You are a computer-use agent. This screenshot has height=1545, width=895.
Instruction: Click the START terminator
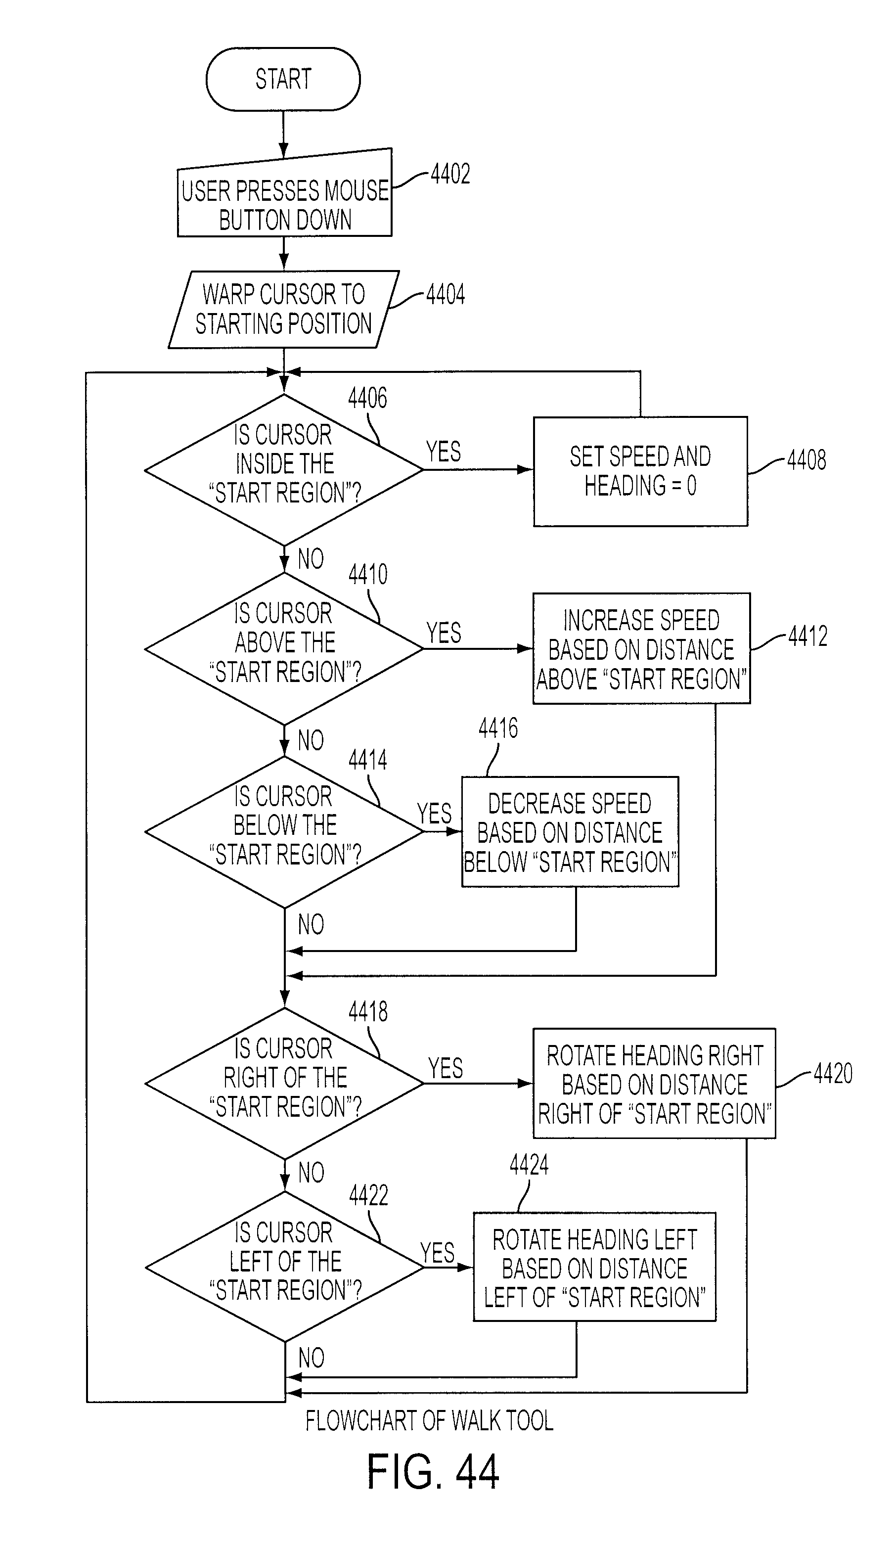283,79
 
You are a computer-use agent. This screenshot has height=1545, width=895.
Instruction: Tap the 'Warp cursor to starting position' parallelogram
284,310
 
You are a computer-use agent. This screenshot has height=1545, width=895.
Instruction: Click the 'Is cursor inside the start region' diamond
284,470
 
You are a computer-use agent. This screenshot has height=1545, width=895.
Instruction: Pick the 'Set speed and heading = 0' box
641,471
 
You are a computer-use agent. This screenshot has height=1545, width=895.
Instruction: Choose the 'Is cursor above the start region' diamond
284,649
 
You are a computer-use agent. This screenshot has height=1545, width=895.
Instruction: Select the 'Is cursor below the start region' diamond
284,832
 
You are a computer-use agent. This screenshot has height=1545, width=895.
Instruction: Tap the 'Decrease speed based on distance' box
570,832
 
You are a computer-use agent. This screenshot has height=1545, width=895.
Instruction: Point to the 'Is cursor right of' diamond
284,1084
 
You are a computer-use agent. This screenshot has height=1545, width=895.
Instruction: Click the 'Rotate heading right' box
654,1084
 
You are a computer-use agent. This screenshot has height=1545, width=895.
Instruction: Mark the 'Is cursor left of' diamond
284,1267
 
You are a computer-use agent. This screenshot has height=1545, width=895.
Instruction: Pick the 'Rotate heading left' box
595,1267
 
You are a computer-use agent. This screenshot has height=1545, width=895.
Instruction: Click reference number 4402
450,174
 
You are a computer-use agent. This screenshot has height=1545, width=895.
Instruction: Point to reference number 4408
806,460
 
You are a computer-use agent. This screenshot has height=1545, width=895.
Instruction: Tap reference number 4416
498,728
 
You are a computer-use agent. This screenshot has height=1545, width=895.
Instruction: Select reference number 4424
529,1164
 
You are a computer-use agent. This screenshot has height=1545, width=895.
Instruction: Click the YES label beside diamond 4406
443,453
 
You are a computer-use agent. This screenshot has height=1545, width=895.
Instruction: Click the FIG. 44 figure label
433,1472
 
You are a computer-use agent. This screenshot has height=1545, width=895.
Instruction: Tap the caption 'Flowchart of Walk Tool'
429,1420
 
